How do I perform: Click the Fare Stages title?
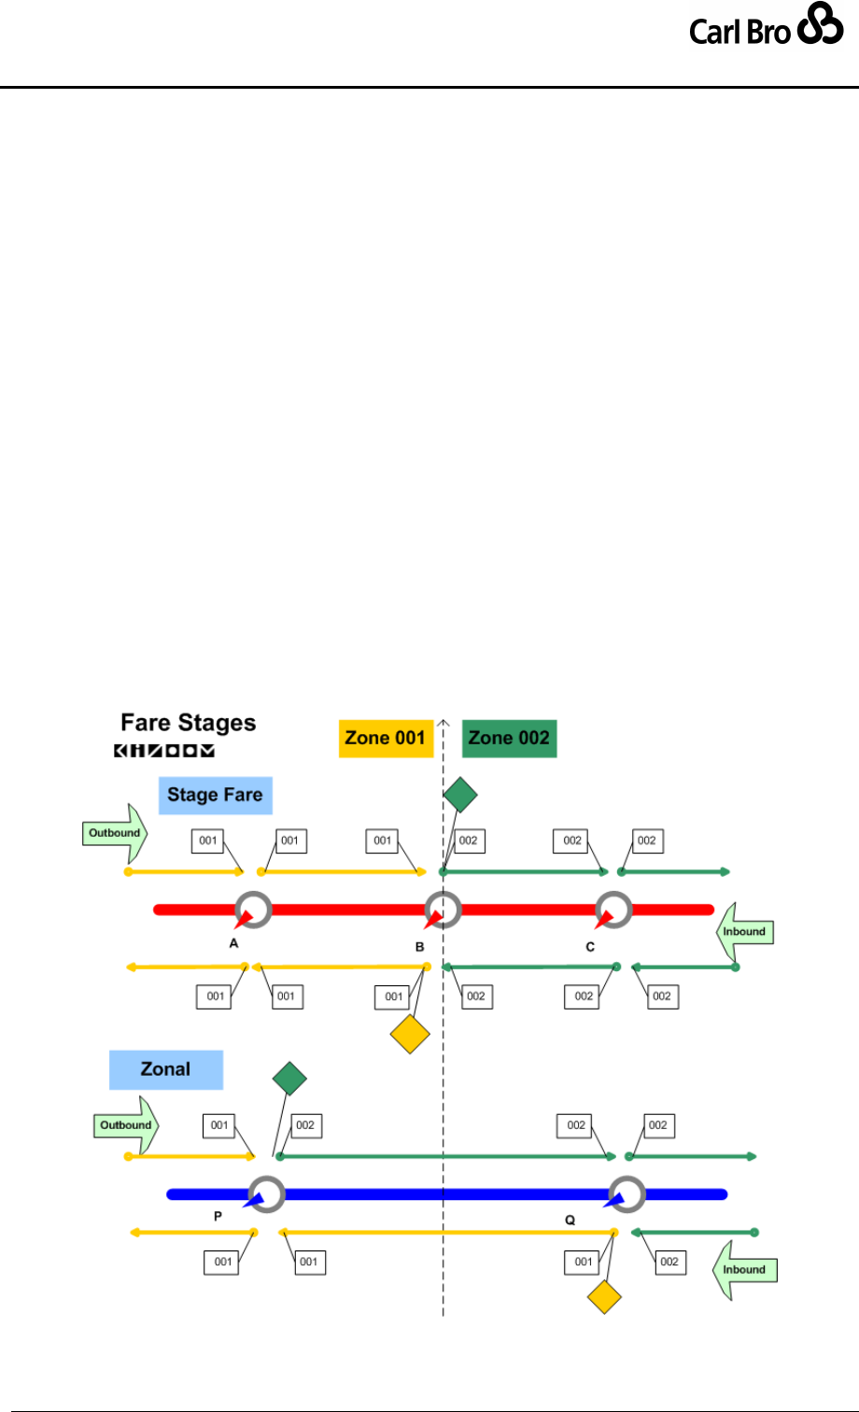click(x=188, y=722)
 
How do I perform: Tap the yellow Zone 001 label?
click(x=386, y=738)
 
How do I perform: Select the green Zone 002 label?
click(x=509, y=738)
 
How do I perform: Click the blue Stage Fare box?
click(x=215, y=796)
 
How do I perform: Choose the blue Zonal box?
click(x=165, y=1069)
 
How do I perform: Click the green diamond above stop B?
click(x=459, y=795)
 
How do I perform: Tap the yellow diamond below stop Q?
click(x=605, y=1298)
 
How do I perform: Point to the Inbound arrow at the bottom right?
click(x=743, y=1270)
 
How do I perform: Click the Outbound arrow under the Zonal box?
click(x=124, y=1125)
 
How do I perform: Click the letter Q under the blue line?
click(x=570, y=1221)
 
